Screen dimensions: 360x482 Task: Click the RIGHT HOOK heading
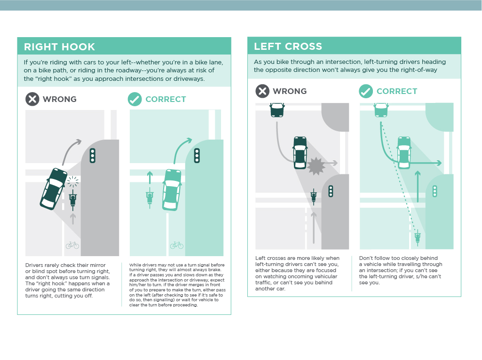click(59, 47)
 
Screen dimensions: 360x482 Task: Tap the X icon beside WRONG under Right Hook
click(32, 99)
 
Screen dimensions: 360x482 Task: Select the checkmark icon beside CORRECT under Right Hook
click(134, 99)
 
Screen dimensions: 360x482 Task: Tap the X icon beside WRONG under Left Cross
click(262, 91)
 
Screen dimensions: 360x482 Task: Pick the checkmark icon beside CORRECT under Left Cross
click(366, 91)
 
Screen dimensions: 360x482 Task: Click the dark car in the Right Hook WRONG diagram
click(53, 188)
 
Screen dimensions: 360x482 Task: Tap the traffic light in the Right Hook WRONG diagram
click(93, 155)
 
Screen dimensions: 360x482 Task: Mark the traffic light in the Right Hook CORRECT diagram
click(197, 155)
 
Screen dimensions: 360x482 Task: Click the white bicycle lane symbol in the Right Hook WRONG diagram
click(72, 245)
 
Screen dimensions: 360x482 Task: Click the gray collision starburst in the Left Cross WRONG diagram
click(316, 166)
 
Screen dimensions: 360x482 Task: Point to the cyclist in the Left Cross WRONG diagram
click(314, 196)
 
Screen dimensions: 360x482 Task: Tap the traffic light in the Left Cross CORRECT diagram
click(435, 191)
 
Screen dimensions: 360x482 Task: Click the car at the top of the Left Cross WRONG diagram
click(277, 110)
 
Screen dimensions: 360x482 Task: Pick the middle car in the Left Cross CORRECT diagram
click(404, 152)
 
